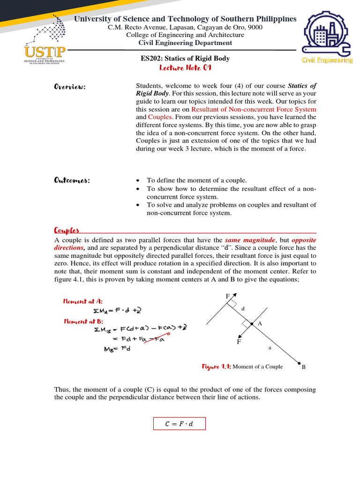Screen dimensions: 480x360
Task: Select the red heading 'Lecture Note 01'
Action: point(186,68)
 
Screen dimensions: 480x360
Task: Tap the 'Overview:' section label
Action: point(70,87)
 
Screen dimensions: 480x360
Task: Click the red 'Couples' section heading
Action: point(67,230)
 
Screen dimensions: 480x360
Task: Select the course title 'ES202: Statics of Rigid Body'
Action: point(186,59)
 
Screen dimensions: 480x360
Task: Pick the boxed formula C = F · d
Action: point(180,424)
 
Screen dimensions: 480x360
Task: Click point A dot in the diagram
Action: point(252,324)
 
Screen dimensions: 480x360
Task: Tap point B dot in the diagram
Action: point(299,362)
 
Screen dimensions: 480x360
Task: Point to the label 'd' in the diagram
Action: point(243,309)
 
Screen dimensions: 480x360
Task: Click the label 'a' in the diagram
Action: point(270,348)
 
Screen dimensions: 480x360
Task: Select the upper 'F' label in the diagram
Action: point(228,297)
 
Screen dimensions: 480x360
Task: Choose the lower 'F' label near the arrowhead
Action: point(239,342)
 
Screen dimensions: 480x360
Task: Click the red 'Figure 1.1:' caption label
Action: point(217,367)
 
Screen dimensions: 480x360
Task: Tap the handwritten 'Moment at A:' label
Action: point(83,301)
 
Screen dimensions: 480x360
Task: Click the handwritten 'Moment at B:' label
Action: point(83,322)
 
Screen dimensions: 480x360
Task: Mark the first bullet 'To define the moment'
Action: point(196,180)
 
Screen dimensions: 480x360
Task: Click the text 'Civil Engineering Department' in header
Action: point(186,43)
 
